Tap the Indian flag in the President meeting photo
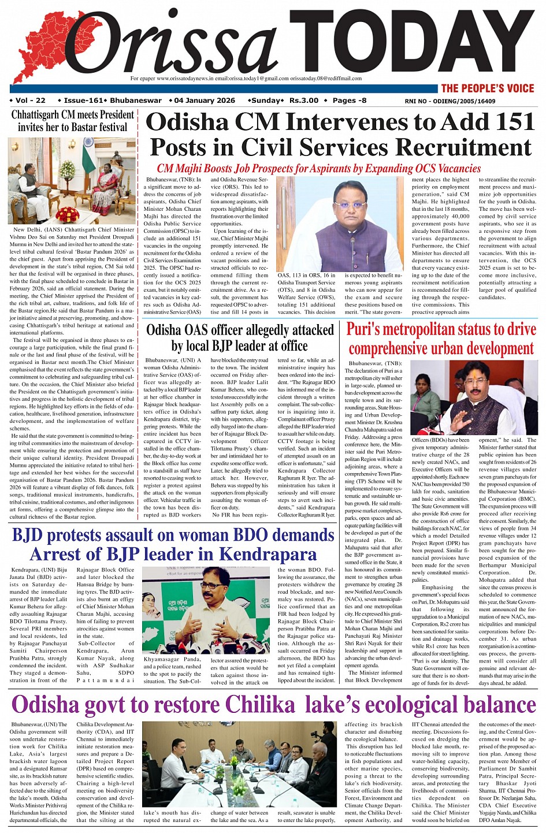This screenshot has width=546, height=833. [88, 151]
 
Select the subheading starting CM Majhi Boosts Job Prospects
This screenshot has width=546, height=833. [318, 169]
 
